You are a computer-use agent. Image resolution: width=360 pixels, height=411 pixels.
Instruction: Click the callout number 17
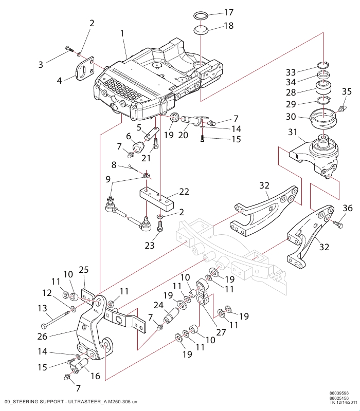(x=228, y=12)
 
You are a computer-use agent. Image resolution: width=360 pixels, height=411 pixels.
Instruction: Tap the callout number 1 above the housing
(x=122, y=33)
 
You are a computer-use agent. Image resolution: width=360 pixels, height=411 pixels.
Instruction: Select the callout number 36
(x=348, y=208)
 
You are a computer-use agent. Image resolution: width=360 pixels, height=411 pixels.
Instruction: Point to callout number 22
(x=184, y=192)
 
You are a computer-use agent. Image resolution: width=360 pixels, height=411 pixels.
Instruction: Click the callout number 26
(x=42, y=337)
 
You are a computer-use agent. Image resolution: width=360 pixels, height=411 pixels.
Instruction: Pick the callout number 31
(x=293, y=132)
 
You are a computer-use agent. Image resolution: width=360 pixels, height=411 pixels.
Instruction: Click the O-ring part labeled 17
(x=201, y=15)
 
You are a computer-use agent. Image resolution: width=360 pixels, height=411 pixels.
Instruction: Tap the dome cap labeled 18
(x=201, y=30)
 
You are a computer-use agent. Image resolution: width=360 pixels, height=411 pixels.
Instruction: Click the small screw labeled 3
(x=69, y=49)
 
